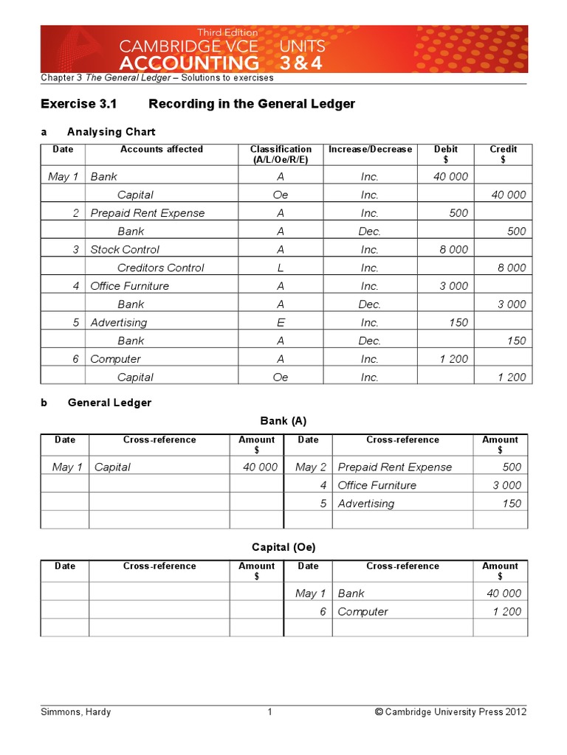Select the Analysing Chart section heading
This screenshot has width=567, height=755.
coord(111,132)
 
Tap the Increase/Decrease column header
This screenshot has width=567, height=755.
coord(370,150)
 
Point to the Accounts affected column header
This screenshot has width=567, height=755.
coord(161,150)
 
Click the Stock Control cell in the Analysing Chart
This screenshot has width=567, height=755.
coord(125,249)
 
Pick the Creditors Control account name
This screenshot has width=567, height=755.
coord(160,268)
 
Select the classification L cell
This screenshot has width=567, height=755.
coord(281,268)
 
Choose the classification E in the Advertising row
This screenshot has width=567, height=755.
coord(281,322)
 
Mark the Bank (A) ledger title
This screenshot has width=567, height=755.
coord(283,421)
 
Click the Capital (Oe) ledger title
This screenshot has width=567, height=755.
coord(283,548)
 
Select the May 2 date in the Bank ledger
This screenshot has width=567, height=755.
coord(310,467)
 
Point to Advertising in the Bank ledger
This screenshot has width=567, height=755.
coord(365,504)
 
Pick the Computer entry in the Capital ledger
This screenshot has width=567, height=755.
coord(362,611)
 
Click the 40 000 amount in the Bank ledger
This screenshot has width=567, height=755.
coord(260,467)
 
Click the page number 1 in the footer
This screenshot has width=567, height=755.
coord(270,712)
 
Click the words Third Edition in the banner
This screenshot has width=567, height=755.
coord(227,32)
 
